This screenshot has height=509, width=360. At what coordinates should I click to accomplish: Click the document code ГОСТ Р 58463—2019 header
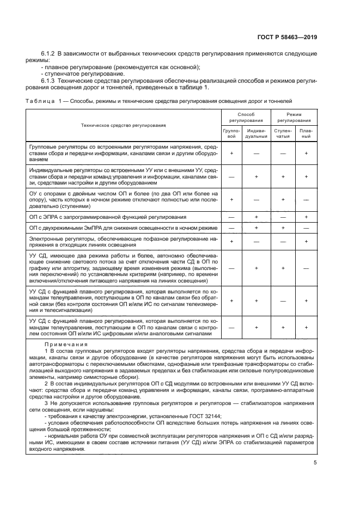pyautogui.click(x=287, y=37)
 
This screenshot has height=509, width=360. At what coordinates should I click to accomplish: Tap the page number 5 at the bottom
pyautogui.click(x=315, y=463)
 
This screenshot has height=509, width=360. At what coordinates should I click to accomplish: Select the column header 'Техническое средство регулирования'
pyautogui.click(x=123, y=125)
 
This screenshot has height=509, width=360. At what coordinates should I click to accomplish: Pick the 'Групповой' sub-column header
pyautogui.click(x=231, y=133)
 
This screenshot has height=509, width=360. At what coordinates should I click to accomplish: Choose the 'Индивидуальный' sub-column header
pyautogui.click(x=256, y=133)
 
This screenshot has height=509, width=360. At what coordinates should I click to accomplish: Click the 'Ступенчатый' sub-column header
pyautogui.click(x=283, y=133)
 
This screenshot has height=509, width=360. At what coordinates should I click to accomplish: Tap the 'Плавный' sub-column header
pyautogui.click(x=307, y=133)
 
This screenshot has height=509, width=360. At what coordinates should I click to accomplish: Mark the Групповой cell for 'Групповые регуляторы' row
pyautogui.click(x=231, y=154)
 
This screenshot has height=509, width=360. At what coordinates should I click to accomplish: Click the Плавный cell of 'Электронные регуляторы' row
pyautogui.click(x=307, y=240)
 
